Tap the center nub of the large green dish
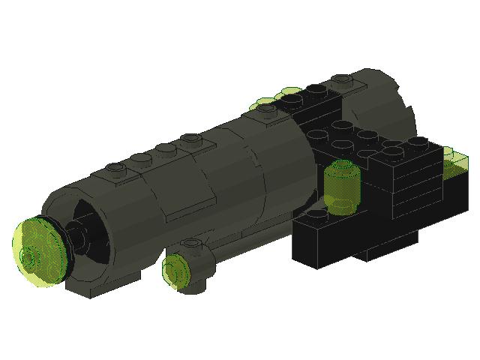[30, 256]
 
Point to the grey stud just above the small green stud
[192, 244]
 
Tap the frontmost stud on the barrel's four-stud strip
[114, 167]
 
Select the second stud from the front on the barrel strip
[140, 157]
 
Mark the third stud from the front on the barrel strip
[166, 148]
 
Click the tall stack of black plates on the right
[412, 180]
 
